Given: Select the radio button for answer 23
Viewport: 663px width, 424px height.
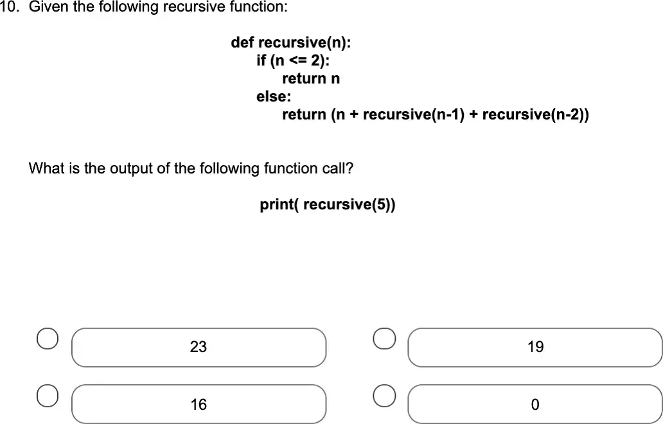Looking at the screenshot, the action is pyautogui.click(x=48, y=339).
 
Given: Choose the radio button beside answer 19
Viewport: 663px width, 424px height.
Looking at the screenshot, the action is pyautogui.click(x=384, y=339).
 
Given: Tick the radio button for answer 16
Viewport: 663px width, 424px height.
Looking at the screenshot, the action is pyautogui.click(x=48, y=396).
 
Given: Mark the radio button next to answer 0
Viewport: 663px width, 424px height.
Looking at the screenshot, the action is pyautogui.click(x=384, y=396).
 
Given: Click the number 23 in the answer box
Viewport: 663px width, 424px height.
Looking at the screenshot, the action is pyautogui.click(x=199, y=347).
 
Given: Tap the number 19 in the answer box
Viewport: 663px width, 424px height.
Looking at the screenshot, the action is pyautogui.click(x=535, y=347).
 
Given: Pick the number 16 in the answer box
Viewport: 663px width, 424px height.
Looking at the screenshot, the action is pyautogui.click(x=199, y=405).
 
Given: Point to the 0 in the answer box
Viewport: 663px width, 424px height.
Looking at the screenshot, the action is pyautogui.click(x=535, y=405).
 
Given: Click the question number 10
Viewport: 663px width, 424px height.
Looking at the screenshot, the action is pyautogui.click(x=10, y=6).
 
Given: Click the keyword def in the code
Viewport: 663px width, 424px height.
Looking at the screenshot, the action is pyautogui.click(x=242, y=42).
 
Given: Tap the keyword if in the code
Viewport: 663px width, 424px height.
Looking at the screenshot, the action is pyautogui.click(x=261, y=60).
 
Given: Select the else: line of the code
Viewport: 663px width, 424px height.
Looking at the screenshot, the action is pyautogui.click(x=274, y=96).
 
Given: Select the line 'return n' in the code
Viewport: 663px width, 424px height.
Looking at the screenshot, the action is pyautogui.click(x=311, y=78).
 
